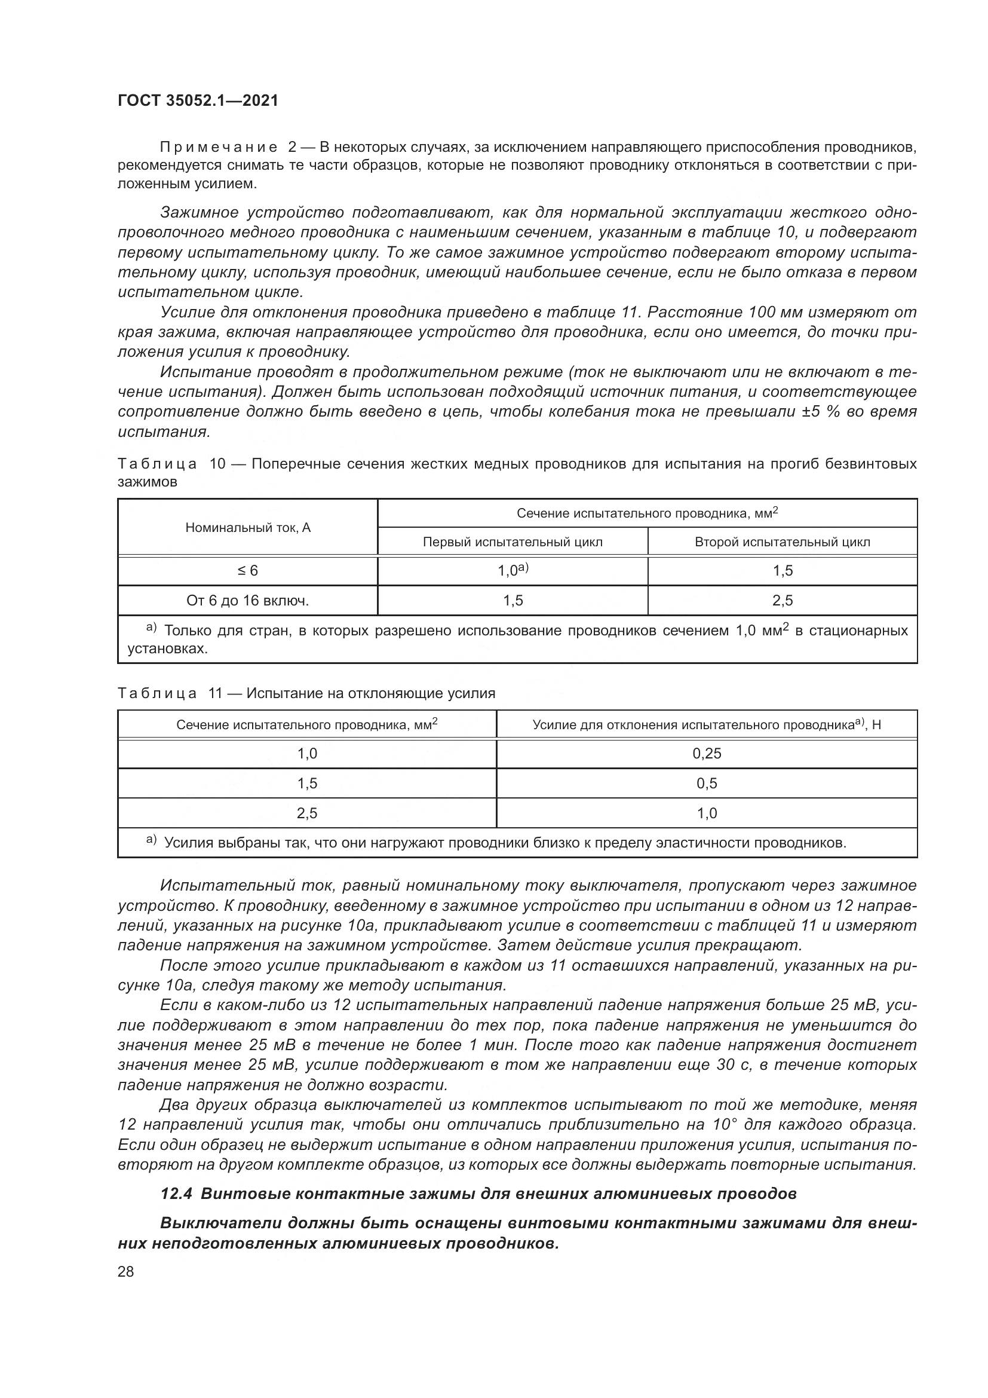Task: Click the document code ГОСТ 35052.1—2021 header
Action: pyautogui.click(x=198, y=100)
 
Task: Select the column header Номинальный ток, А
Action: pyautogui.click(x=248, y=527)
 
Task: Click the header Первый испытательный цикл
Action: pyautogui.click(x=513, y=542)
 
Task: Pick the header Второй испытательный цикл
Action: pyautogui.click(x=782, y=542)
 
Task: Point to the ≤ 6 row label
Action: pyautogui.click(x=248, y=571)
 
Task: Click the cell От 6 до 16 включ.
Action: pyautogui.click(x=248, y=600)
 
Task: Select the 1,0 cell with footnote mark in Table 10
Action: pyautogui.click(x=513, y=571)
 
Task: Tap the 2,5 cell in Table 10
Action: pyautogui.click(x=782, y=600)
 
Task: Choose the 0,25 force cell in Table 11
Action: pyautogui.click(x=706, y=753)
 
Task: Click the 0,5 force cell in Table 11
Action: pyautogui.click(x=706, y=783)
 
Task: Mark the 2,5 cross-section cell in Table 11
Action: pyautogui.click(x=307, y=813)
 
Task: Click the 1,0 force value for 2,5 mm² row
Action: pyautogui.click(x=706, y=813)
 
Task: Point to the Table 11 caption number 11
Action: pyautogui.click(x=216, y=693)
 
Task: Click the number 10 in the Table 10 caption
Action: pyautogui.click(x=217, y=464)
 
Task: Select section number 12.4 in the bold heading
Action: pyautogui.click(x=175, y=1194)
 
